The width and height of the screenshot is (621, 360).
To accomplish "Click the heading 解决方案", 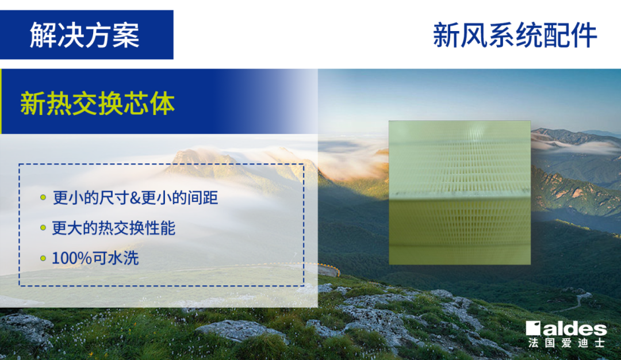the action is [85, 35].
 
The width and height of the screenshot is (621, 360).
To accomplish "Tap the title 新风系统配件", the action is [515, 35].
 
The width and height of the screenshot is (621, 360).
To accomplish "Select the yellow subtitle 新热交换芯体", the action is [97, 104].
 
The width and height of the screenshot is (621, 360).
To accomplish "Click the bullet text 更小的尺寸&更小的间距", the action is [135, 198].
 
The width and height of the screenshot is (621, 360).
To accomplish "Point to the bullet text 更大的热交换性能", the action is [114, 228].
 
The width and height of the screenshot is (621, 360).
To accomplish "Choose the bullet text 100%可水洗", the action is [95, 258].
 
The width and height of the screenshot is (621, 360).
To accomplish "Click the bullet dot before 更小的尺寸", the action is [43, 197].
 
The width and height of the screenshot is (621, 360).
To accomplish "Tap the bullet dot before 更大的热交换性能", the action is [43, 228].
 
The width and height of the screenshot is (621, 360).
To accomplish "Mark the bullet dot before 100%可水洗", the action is [43, 258].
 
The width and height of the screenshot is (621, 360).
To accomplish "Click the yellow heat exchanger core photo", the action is [459, 193].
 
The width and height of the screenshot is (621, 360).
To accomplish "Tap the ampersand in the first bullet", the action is [135, 198].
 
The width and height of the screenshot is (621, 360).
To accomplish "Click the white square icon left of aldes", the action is [533, 328].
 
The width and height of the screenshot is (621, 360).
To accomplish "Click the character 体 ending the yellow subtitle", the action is [162, 104].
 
